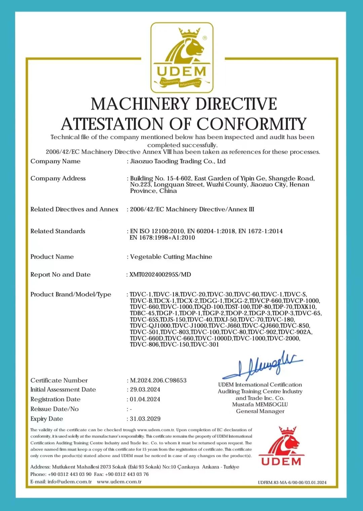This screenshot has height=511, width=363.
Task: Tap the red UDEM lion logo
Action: [281, 446]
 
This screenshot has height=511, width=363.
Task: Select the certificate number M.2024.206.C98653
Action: [158, 380]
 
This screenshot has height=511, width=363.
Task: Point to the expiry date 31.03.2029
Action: [145, 419]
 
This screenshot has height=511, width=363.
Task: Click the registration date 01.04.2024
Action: [145, 399]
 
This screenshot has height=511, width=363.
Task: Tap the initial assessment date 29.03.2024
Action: [145, 389]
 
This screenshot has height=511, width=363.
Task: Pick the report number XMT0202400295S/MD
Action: [160, 274]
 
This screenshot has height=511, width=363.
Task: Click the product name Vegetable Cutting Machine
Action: [171, 257]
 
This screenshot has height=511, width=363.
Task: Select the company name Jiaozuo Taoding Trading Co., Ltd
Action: [178, 161]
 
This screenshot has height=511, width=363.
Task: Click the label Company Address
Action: [58, 178]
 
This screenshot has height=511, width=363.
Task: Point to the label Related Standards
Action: [58, 231]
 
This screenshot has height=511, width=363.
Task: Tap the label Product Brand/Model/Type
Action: [71, 294]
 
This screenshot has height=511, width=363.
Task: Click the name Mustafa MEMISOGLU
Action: [260, 404]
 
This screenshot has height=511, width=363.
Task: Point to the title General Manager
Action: [260, 411]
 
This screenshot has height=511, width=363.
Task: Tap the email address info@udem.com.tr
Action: [70, 481]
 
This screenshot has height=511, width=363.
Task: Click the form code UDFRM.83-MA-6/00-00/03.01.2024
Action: [292, 482]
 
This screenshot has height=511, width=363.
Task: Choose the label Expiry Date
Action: [47, 419]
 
